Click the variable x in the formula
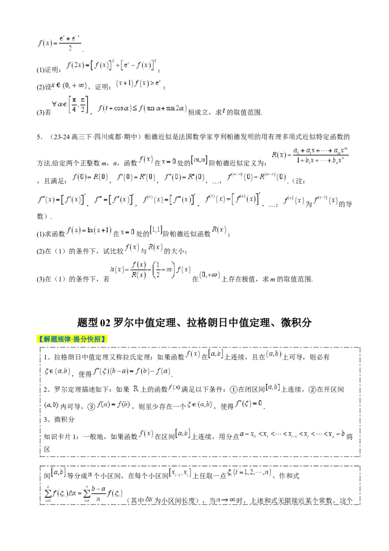53,86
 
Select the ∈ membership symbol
58,86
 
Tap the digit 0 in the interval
67,86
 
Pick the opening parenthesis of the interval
64,86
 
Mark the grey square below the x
53,91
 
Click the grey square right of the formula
88,91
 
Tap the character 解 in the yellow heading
47,339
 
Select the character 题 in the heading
54,339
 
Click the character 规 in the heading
61,339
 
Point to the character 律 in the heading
68,339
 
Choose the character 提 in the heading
76,339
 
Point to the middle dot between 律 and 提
72,339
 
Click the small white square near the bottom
37,457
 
